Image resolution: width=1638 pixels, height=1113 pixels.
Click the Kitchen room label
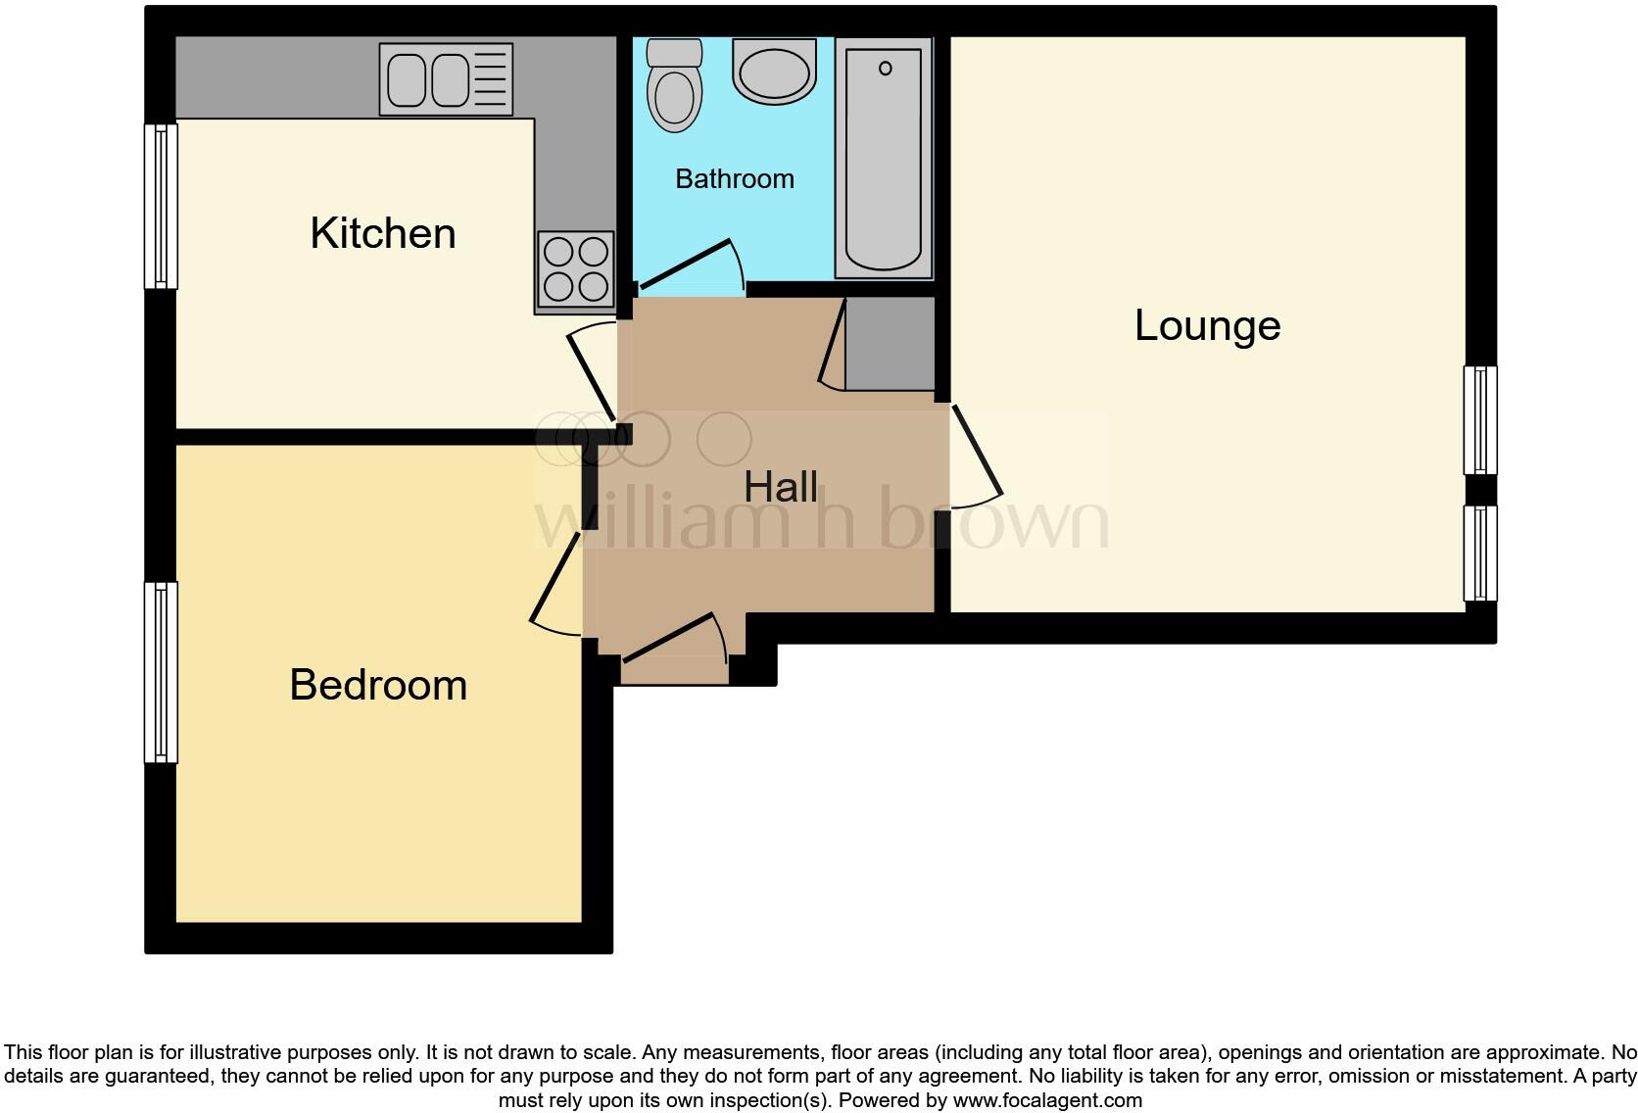click(x=383, y=233)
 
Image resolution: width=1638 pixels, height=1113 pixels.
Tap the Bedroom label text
click(x=378, y=685)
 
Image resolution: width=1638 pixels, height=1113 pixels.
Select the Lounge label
click(x=1207, y=325)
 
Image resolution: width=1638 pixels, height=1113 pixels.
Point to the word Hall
click(x=781, y=487)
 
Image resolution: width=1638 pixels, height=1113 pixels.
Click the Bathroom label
click(x=735, y=179)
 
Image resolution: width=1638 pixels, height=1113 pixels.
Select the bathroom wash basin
click(x=775, y=72)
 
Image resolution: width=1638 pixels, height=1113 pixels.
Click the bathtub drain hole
click(x=886, y=68)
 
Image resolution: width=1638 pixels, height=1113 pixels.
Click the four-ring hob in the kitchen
click(x=575, y=269)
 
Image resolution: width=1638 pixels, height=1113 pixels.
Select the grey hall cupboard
click(x=890, y=343)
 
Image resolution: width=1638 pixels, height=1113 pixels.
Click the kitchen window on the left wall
click(x=161, y=206)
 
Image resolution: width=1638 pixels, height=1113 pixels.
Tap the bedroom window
click(x=161, y=672)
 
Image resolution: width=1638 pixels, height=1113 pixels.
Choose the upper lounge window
click(x=1480, y=420)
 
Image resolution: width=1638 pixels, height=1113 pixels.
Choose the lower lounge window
click(x=1480, y=553)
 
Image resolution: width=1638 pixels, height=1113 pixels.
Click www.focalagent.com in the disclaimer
click(x=1047, y=1100)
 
